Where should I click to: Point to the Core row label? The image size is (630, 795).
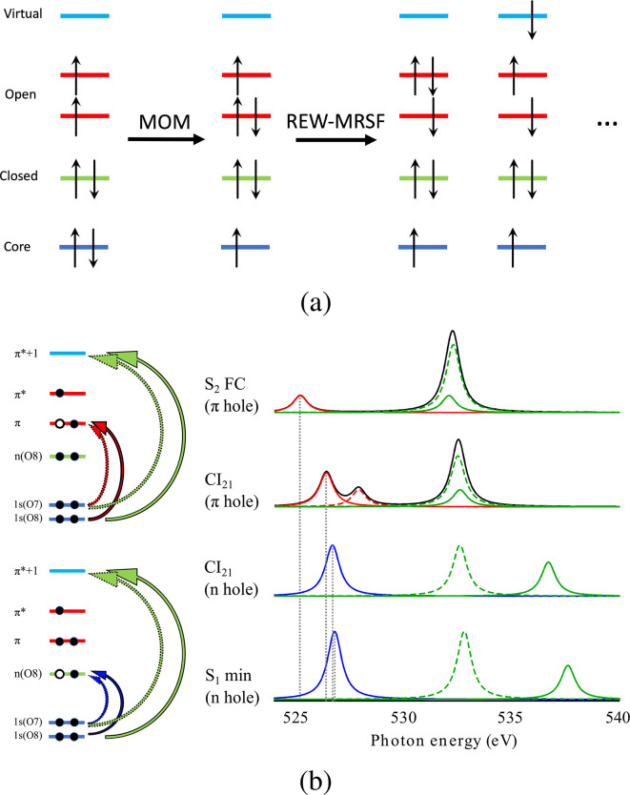pos(19,247)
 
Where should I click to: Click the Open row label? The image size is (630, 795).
pos(20,94)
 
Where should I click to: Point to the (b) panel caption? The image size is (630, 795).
pos(314,780)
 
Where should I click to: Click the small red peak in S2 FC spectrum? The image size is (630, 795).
pos(300,396)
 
